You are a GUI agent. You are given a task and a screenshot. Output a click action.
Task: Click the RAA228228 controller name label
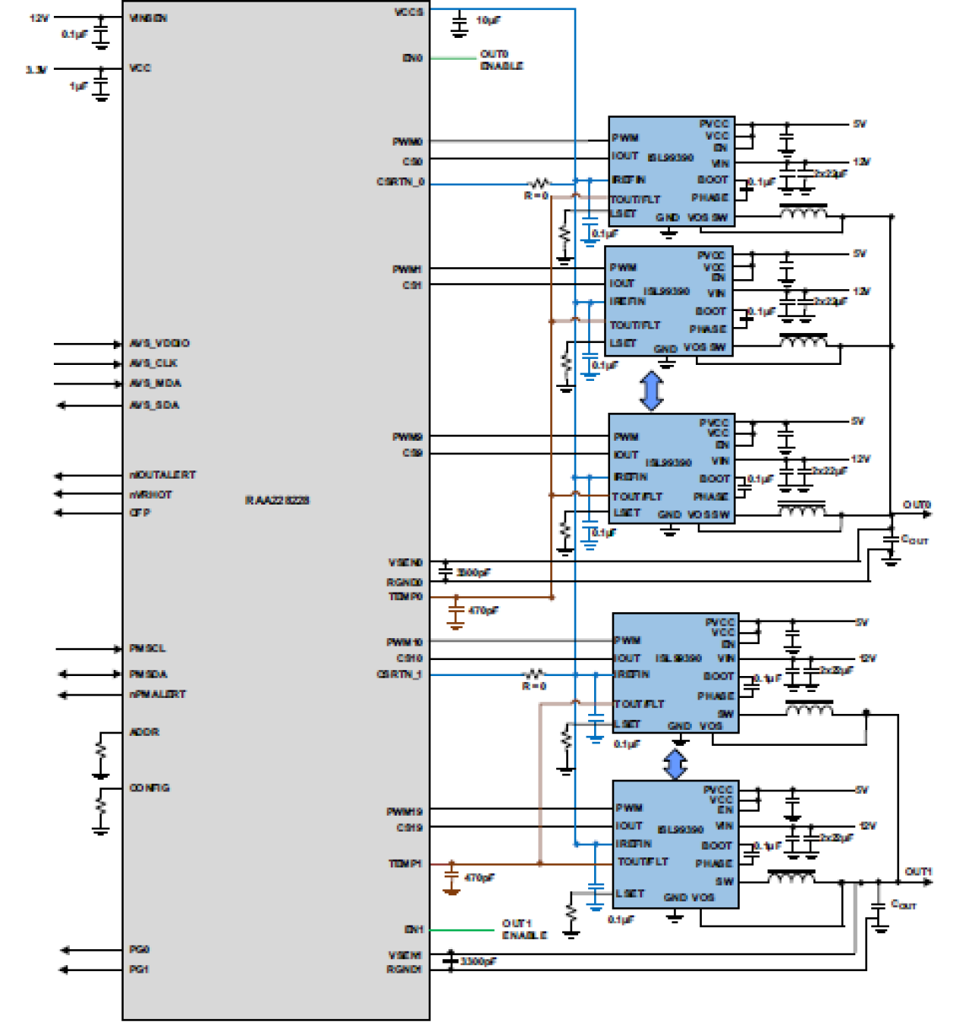point(277,500)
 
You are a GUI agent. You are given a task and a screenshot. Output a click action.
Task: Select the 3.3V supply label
point(36,70)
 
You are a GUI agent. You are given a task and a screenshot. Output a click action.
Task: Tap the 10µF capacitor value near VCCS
point(488,20)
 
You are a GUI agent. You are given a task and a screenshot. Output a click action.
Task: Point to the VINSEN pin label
point(148,17)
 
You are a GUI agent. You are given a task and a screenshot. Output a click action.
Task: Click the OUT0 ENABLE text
point(501,60)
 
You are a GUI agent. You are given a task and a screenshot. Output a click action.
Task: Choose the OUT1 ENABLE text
point(524,929)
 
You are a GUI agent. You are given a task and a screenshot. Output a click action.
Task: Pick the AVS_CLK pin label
point(153,363)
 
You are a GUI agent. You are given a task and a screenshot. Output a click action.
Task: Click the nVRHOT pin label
point(151,494)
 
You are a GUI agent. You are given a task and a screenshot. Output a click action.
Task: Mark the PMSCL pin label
point(147,649)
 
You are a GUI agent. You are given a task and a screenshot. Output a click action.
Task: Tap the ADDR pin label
point(144,732)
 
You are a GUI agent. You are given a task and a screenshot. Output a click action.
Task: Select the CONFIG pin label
point(149,788)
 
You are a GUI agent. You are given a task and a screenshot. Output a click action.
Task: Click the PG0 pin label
point(139,949)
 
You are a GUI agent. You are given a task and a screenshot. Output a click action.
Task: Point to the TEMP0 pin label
point(405,597)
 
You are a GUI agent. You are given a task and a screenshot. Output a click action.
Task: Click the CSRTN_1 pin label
point(399,674)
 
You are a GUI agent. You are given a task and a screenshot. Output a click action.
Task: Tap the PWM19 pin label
point(404,812)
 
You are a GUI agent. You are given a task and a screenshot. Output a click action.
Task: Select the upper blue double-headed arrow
point(651,391)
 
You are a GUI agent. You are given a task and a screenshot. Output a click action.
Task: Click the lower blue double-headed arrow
point(675,764)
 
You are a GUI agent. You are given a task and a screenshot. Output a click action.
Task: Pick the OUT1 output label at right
point(918,872)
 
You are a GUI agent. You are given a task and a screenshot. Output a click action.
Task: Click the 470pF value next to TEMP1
point(479,878)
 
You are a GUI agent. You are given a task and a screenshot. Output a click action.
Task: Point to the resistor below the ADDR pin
point(101,751)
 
